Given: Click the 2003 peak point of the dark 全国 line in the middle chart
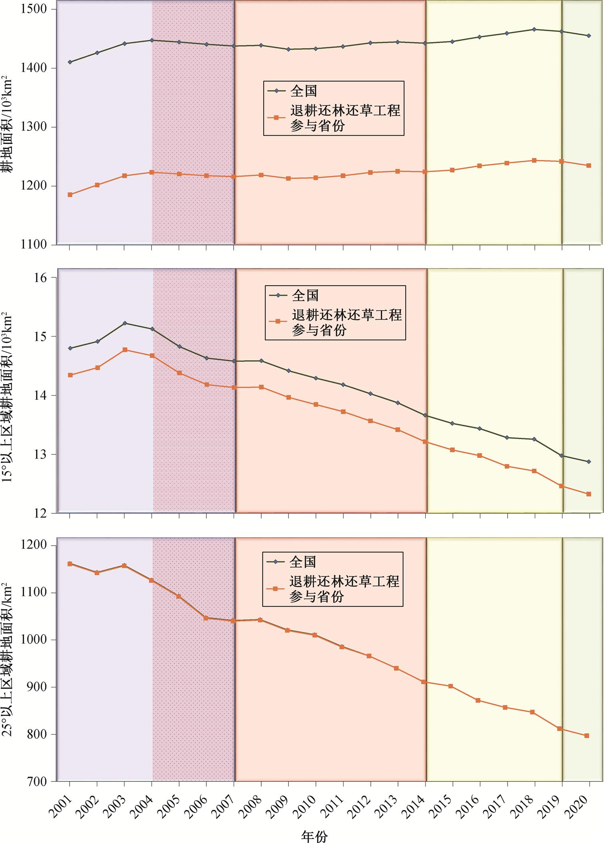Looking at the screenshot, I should point(125,323).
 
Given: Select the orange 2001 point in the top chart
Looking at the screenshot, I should point(70,194).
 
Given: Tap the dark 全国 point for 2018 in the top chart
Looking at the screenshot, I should point(534,29).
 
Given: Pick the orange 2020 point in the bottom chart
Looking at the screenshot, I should point(587,735).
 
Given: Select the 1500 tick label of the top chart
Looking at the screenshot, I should point(34,9).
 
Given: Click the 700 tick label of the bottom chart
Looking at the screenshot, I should point(38,781).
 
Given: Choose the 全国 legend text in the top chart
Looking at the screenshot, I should point(304,91).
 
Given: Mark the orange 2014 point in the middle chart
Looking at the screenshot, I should point(425,442).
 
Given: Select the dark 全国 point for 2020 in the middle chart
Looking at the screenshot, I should point(588,462).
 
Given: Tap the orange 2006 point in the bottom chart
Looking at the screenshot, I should point(206,618).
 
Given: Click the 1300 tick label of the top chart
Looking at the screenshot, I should point(34,127).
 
